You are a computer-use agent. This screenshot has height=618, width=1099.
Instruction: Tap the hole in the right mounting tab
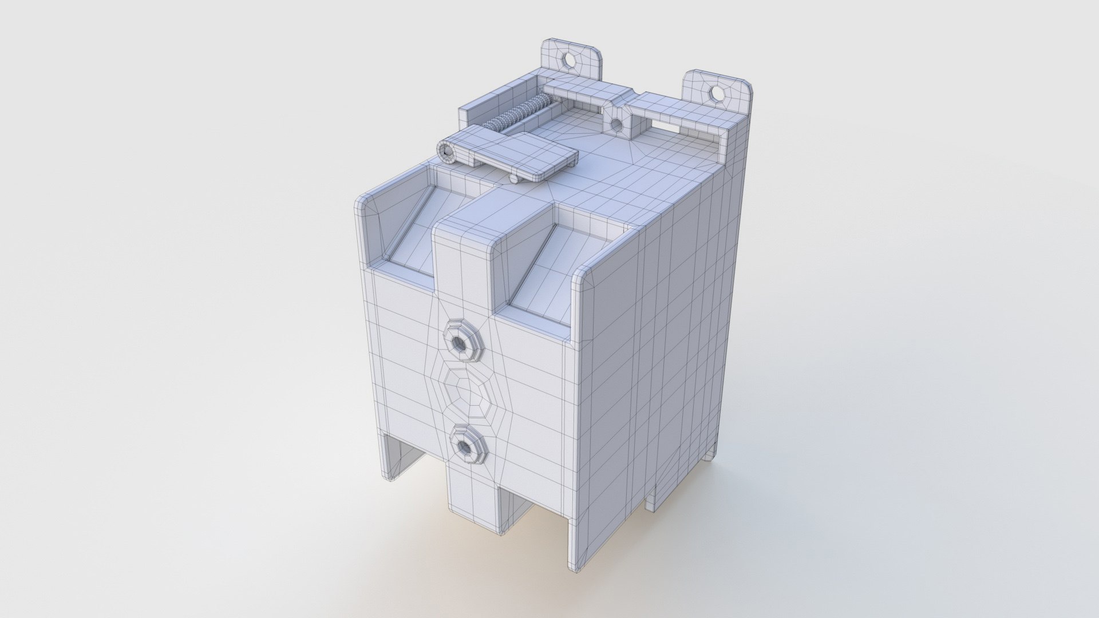click(715, 93)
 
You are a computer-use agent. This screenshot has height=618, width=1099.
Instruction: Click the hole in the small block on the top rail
click(616, 123)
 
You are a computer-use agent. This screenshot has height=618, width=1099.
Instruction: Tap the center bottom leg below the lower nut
click(472, 498)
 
